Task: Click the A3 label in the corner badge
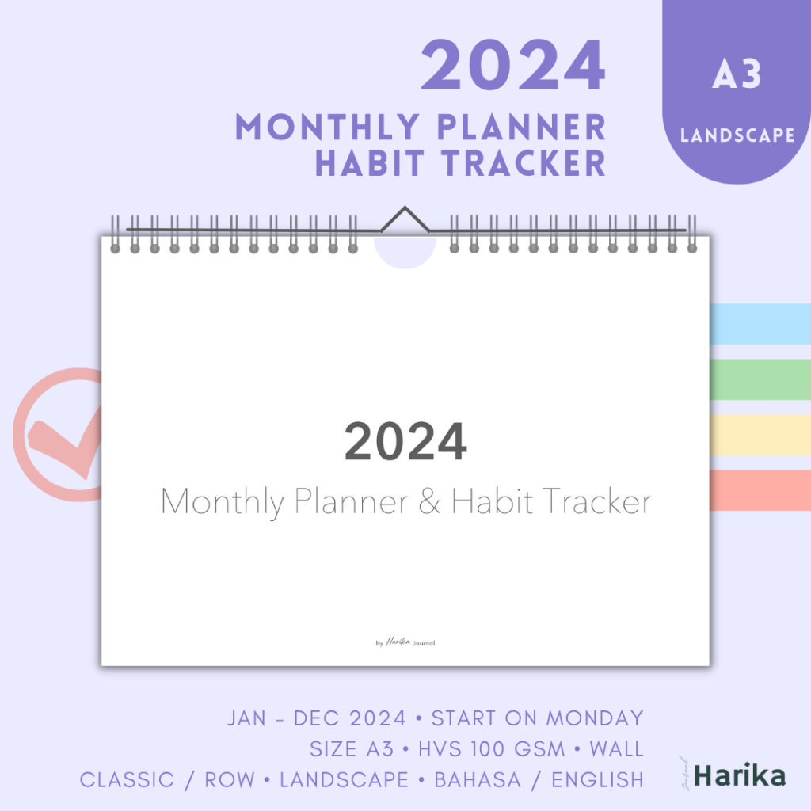[x=737, y=74]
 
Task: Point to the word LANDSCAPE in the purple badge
[x=737, y=135]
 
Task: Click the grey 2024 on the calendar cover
[x=405, y=442]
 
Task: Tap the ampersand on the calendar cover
[x=429, y=502]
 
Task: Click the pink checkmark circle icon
[x=59, y=435]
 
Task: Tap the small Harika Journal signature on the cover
[x=405, y=642]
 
